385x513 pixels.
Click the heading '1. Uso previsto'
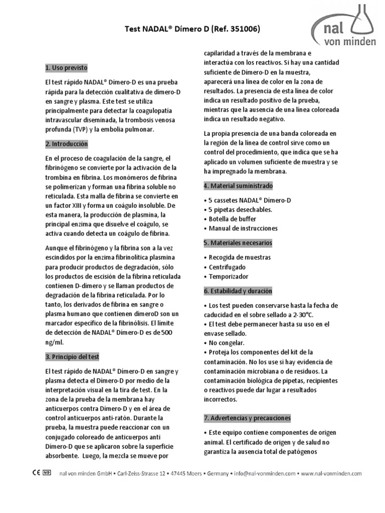pyautogui.click(x=66, y=67)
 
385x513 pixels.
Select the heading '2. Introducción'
pyautogui.click(x=66, y=144)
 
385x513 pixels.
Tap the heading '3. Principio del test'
pyautogui.click(x=72, y=357)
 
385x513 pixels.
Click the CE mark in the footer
pyautogui.click(x=36, y=473)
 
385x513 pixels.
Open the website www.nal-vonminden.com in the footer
pyautogui.click(x=332, y=473)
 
